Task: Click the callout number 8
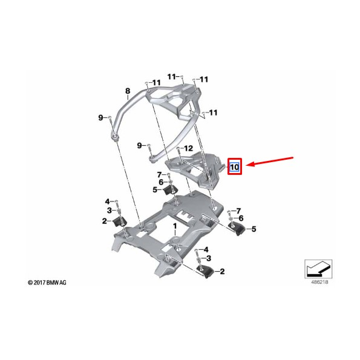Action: click(x=128, y=92)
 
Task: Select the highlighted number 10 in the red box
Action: click(x=234, y=166)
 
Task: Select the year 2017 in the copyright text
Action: click(x=38, y=283)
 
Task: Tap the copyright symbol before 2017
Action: click(x=30, y=283)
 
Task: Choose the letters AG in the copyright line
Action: click(x=63, y=283)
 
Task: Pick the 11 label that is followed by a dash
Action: click(x=172, y=77)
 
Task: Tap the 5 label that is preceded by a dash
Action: click(x=254, y=229)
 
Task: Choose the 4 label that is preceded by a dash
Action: click(x=206, y=249)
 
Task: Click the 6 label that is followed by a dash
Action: click(x=161, y=182)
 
